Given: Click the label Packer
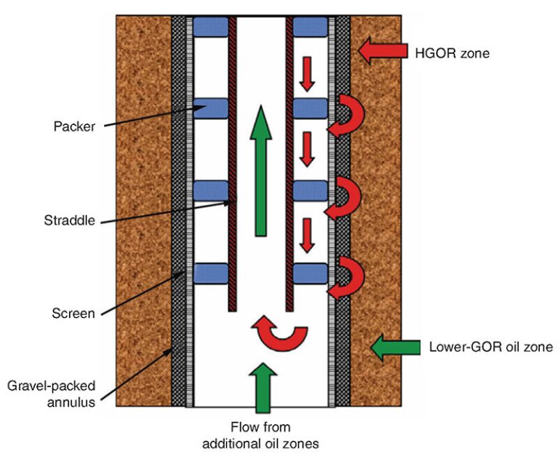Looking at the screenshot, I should point(74,127).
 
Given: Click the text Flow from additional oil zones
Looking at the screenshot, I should point(260,435).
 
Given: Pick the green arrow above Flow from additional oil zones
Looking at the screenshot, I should point(260,386).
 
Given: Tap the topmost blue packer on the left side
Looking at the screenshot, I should point(211,27).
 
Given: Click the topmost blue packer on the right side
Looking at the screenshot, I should point(310,27).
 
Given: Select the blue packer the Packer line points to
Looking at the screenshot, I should point(211,108).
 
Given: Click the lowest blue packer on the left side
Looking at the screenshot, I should point(211,273).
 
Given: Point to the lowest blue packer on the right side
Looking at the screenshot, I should point(310,273).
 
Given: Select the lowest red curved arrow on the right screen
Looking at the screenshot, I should point(345,277).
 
